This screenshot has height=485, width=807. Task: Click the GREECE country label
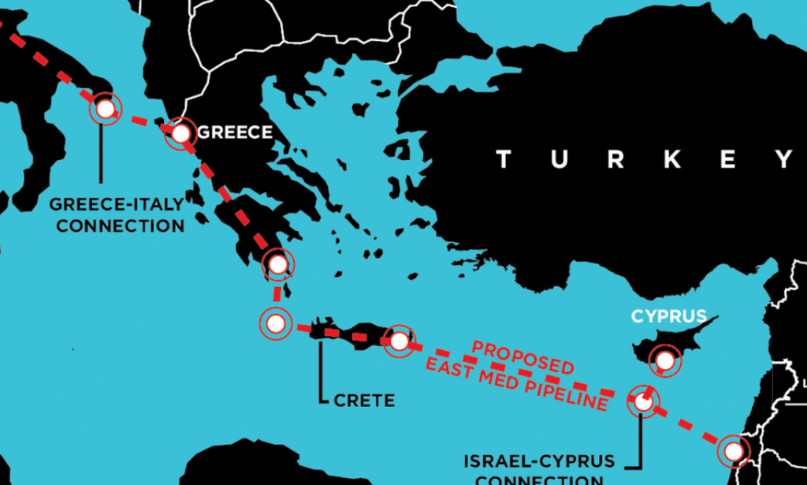234,132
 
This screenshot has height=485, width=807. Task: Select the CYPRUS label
668,317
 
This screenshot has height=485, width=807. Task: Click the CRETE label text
363,400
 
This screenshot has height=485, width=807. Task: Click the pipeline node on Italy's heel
106,109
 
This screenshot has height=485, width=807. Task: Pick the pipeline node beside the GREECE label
180,133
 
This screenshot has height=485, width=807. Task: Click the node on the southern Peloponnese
277,264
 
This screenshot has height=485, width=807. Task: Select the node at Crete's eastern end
400,341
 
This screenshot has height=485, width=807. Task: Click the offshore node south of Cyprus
644,401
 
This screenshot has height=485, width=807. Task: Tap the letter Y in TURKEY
785,160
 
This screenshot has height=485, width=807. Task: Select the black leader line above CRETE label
320,371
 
